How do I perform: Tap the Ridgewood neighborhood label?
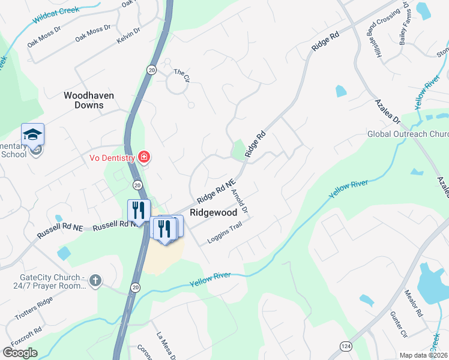[213, 212]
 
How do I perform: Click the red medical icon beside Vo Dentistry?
[143, 158]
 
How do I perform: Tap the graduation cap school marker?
[32, 134]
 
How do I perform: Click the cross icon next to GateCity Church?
[95, 280]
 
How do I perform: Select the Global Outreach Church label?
[408, 133]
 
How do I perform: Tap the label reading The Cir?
[181, 72]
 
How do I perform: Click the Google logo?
[20, 352]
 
